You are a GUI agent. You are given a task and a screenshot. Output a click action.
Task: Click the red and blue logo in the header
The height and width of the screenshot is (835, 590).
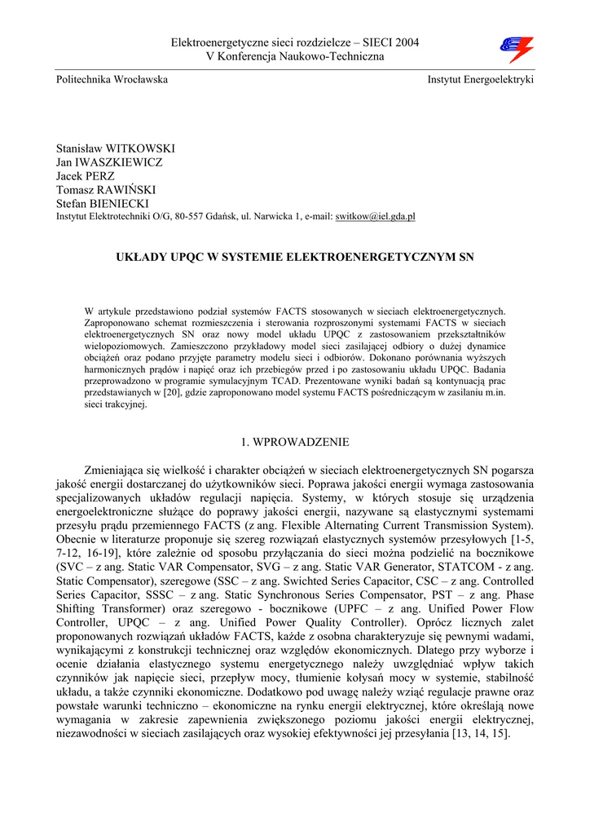coord(516,49)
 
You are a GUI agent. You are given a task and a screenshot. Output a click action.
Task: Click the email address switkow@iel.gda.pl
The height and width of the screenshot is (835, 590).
coord(376,216)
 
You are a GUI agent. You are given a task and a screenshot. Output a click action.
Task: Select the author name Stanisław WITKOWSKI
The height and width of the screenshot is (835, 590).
coord(115,149)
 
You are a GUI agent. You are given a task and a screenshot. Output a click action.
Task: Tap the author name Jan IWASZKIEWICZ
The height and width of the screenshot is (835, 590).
coord(109,162)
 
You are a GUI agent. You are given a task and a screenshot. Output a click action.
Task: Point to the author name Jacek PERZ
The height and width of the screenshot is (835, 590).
coord(85,176)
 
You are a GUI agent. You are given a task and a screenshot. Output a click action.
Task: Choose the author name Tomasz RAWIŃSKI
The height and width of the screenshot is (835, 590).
coord(106,189)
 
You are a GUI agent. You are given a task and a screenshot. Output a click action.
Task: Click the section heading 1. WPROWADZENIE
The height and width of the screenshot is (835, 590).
coord(294,442)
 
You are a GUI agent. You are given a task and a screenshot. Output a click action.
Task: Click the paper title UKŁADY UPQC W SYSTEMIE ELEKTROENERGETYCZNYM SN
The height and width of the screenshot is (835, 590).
coord(294,257)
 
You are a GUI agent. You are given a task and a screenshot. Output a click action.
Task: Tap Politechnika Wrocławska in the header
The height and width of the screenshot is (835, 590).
coord(112,80)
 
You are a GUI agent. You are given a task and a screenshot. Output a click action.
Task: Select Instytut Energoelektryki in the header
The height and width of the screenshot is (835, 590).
coord(480,80)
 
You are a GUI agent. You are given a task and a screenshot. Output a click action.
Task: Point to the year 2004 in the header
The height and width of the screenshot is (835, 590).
coord(405,42)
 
